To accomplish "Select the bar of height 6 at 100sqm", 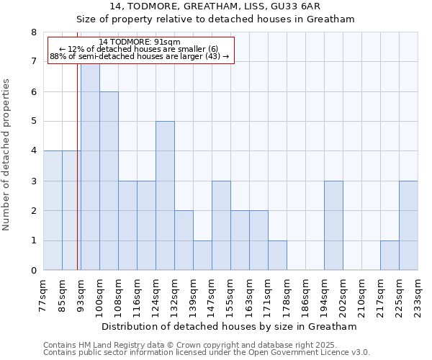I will click(109, 181).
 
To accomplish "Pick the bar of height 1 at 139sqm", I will click(202, 256).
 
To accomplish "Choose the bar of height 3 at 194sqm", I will click(333, 225).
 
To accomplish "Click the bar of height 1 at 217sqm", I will click(390, 256).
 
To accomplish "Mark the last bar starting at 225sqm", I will click(408, 225).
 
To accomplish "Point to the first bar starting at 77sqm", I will click(53, 210).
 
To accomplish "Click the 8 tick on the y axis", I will click(34, 32).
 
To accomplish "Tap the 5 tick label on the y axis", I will click(34, 122).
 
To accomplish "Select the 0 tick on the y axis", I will click(34, 271).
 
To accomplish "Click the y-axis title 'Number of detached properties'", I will click(7, 155).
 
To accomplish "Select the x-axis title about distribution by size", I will click(229, 327).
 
